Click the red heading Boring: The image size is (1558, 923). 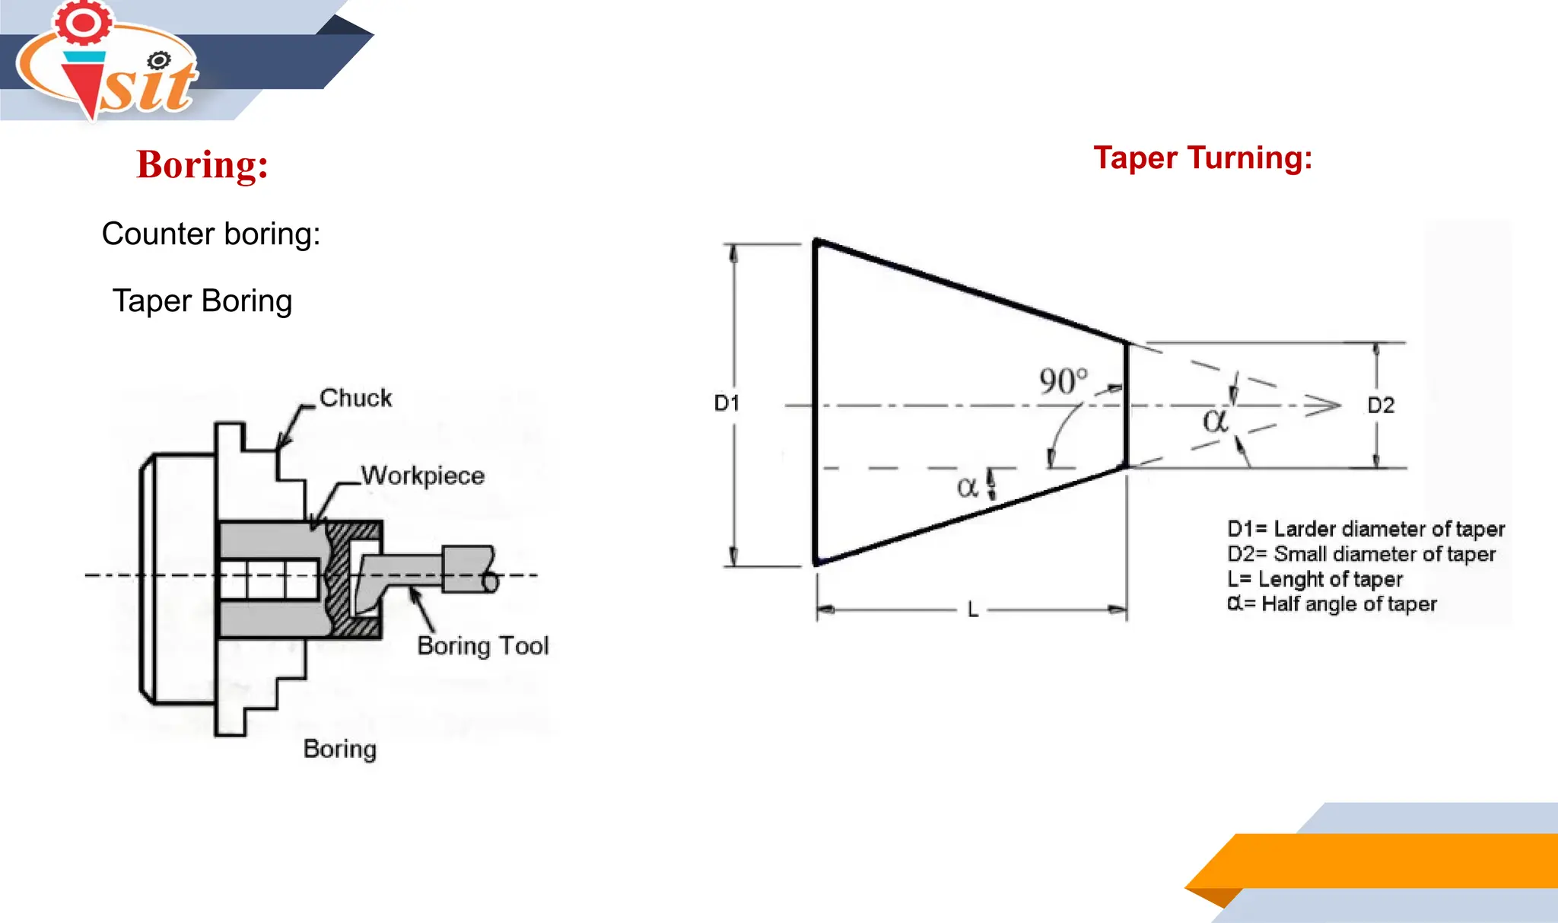202,164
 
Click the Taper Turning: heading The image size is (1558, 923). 1203,158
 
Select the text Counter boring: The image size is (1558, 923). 211,234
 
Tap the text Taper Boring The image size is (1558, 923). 202,301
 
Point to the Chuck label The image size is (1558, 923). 355,398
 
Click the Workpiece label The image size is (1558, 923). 422,476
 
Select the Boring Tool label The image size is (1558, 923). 482,646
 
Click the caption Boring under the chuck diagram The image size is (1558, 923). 339,749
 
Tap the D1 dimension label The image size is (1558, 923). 727,403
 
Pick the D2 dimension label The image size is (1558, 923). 1381,406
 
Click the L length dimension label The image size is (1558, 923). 972,610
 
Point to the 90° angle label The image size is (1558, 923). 1063,381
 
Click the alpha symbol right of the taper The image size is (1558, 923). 1215,420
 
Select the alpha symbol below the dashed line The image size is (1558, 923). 967,487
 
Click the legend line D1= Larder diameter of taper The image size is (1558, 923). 1366,529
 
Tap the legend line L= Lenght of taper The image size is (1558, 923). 1315,579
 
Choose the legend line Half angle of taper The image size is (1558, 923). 1332,604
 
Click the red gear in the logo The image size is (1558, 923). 83,22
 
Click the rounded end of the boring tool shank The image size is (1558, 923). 491,582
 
